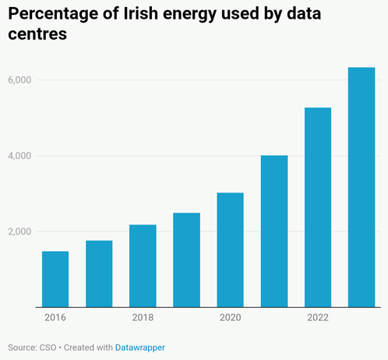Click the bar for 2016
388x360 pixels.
55,279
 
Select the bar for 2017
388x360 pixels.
99,274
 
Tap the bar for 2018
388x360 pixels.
143,266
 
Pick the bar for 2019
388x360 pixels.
186,260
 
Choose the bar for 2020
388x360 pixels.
231,250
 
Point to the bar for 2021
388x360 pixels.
274,231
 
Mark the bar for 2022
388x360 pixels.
318,207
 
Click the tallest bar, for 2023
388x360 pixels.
362,187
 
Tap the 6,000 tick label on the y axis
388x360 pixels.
19,80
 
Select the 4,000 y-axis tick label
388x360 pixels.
19,156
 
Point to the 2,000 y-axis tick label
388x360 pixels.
19,231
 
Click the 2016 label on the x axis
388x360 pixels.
55,317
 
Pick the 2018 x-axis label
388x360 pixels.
143,317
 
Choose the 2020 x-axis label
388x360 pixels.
231,317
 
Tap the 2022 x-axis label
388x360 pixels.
318,317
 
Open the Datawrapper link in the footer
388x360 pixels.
140,348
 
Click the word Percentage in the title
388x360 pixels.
53,14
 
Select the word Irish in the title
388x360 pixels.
140,13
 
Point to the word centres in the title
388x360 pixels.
37,34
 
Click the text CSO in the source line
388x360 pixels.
48,348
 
